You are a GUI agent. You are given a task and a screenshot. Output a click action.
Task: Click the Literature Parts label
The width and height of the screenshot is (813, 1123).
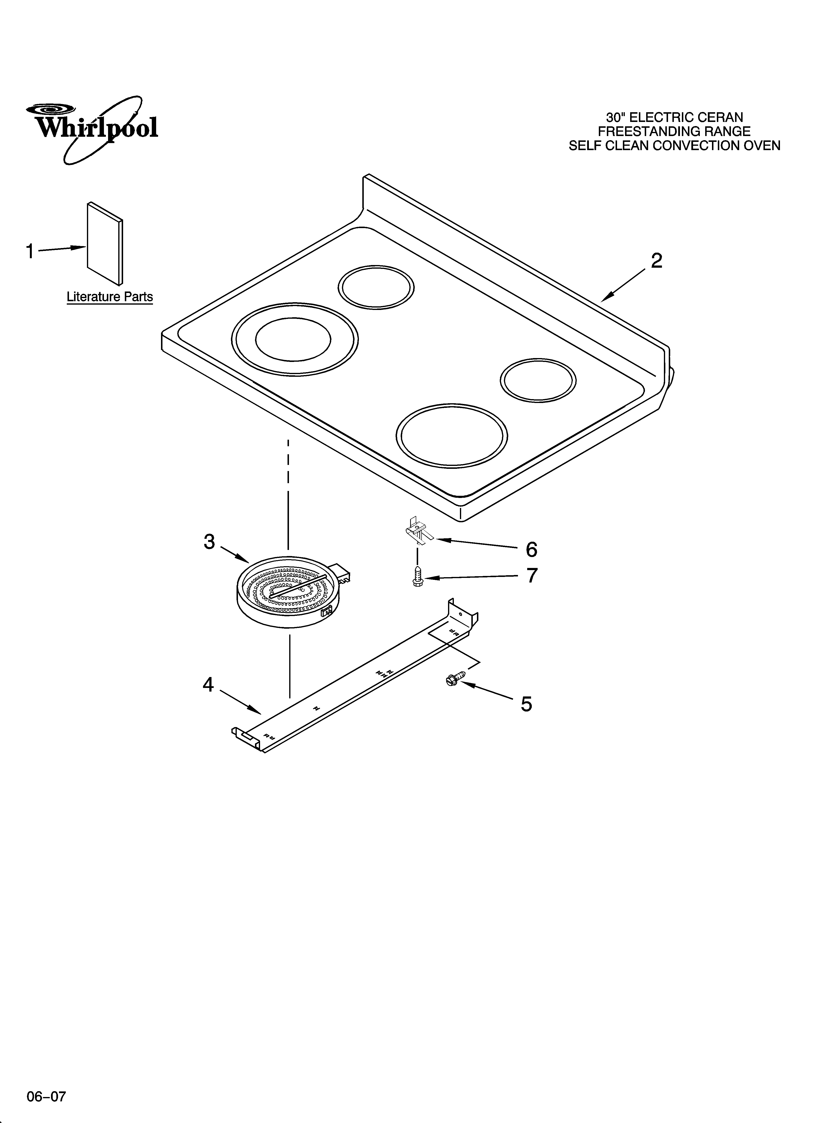click(x=110, y=297)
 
